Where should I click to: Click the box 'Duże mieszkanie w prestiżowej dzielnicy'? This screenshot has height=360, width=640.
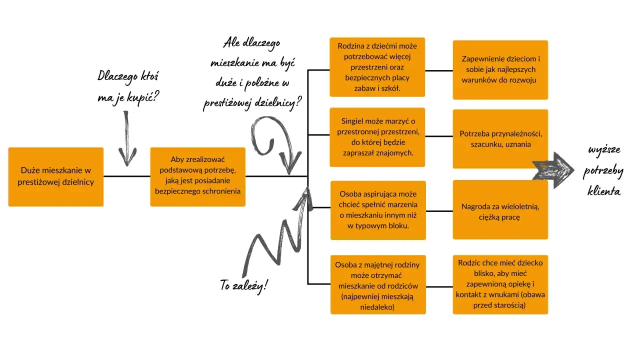pos(56,176)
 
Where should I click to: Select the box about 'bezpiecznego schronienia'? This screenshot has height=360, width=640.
pos(197,176)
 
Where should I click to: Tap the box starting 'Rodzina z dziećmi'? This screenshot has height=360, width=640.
pos(377,67)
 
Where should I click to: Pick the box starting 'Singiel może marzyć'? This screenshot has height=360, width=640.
pos(377,137)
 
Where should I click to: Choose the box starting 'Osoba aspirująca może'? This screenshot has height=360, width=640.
pos(378,210)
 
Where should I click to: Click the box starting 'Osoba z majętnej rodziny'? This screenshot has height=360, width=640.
pos(378,284)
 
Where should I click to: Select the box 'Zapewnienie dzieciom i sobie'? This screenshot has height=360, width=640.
pos(500,69)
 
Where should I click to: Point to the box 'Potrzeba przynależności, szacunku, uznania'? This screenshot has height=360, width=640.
pos(500,139)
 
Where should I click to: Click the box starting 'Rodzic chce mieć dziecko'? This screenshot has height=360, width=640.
pos(500,284)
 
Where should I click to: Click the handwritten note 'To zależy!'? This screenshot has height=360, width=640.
pos(244,285)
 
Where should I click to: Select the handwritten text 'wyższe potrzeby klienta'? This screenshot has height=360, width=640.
pos(603,171)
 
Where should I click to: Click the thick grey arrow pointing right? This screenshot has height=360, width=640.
pos(554,169)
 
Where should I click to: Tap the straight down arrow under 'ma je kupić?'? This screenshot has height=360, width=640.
pos(127,138)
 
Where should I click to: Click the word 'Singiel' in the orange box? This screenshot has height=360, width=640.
pos(354,121)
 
